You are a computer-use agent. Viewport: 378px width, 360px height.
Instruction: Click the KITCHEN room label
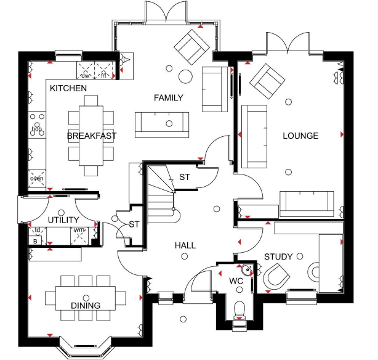(x=68, y=88)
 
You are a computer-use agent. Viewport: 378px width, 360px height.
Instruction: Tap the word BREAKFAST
(x=92, y=136)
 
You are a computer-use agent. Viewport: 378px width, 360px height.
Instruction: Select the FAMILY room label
(x=169, y=98)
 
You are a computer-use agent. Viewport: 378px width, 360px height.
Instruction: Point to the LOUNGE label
(x=300, y=136)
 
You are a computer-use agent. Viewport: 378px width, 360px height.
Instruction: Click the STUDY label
(x=278, y=256)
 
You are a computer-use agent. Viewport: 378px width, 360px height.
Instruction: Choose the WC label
(x=236, y=281)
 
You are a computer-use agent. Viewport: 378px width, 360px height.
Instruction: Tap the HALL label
(x=185, y=245)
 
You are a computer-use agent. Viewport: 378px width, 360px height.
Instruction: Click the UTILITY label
(x=63, y=220)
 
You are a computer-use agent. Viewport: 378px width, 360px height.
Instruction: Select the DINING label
(x=86, y=306)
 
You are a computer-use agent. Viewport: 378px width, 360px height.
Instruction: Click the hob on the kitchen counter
(x=37, y=125)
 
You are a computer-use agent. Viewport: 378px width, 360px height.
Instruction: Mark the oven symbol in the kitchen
(x=37, y=178)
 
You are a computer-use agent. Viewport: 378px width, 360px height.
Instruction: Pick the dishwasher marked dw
(x=86, y=70)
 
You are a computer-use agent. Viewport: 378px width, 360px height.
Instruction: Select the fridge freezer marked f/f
(x=103, y=70)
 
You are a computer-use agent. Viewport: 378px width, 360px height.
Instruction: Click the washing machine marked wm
(x=79, y=236)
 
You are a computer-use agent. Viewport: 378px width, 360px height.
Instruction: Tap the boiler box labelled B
(x=35, y=241)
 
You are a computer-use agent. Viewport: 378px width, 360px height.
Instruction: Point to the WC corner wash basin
(x=247, y=270)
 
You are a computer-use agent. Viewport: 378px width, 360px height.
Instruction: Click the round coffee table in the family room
(x=185, y=76)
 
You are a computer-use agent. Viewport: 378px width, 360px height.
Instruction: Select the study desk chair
(x=276, y=276)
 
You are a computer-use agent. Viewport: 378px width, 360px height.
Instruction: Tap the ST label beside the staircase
(x=185, y=177)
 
